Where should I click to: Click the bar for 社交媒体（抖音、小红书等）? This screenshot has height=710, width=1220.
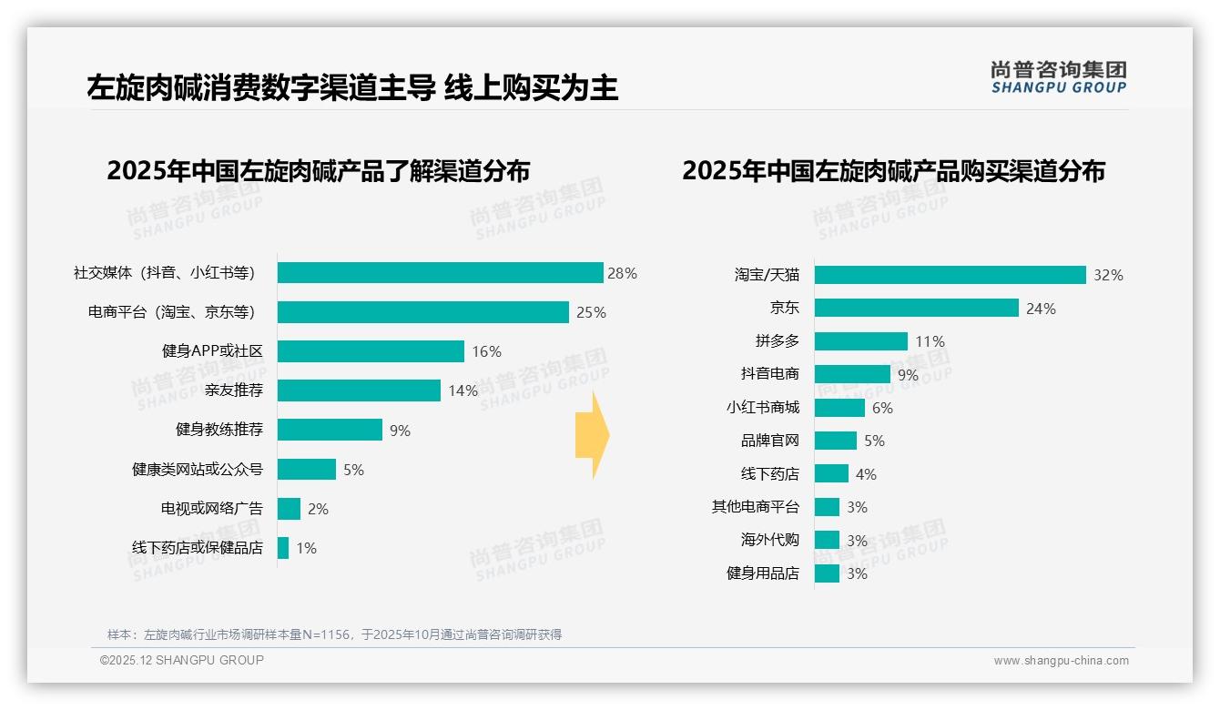coord(440,273)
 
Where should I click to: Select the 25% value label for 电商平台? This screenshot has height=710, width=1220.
coord(591,312)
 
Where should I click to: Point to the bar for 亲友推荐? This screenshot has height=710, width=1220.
coord(359,390)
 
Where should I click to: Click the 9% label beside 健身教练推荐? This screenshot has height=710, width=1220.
coord(400,431)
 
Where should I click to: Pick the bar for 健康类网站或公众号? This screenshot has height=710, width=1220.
coord(307,470)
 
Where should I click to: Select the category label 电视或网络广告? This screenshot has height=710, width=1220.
coord(212,509)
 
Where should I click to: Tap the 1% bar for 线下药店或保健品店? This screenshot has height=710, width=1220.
coord(283,548)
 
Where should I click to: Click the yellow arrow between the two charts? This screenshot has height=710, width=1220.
coord(593,435)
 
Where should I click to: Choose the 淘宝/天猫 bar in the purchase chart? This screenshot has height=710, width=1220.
coord(950,275)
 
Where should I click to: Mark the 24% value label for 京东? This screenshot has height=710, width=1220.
coord(1041,309)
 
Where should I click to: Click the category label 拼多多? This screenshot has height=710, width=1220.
coord(777,341)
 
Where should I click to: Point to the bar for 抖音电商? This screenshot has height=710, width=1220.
coord(852,374)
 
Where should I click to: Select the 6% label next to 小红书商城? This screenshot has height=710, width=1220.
coord(882,408)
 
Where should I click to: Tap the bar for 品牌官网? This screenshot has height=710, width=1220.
coord(836,441)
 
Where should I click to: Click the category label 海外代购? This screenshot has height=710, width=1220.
coord(769,540)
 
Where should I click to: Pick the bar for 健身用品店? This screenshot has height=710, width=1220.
coord(827,573)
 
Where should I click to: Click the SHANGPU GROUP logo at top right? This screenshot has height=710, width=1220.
coord(1058,76)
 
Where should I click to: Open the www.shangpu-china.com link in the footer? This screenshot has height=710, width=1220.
coord(1061,661)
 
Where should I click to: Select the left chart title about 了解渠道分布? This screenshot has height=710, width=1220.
coord(318,171)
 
